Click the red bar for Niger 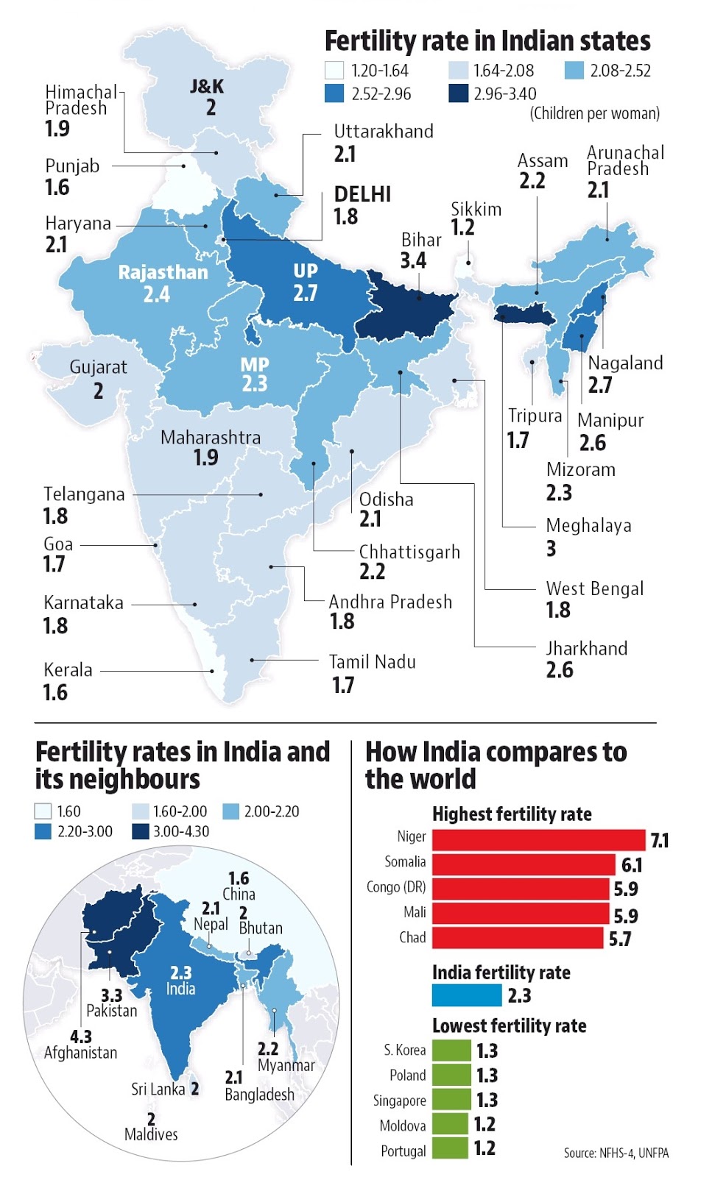coord(538,839)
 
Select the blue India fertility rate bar coord(467,995)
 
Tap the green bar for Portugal coord(450,1148)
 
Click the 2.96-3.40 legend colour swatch coord(458,93)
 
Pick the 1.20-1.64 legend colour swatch coord(334,71)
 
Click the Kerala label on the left coord(68,670)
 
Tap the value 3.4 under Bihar coord(413,260)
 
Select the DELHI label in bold coord(362,194)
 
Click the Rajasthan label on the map coord(163,272)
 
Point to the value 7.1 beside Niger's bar coord(660,840)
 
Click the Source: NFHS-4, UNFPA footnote coord(616,1153)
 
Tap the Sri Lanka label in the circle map coord(158,1089)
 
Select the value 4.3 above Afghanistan coord(81,1036)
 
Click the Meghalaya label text coord(588,525)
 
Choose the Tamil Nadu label coord(372,662)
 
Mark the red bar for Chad coord(517,938)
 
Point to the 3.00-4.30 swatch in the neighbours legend coord(141,831)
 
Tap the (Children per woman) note coord(594,113)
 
